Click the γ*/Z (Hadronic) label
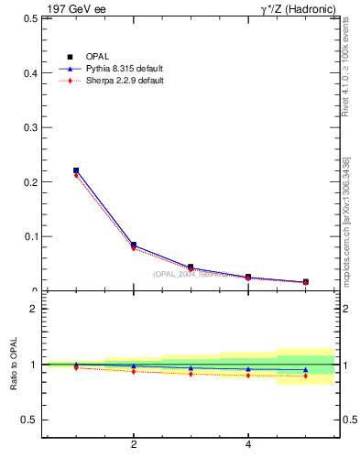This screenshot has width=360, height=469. (298, 9)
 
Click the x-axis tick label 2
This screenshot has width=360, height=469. (134, 445)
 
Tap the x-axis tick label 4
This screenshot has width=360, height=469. (248, 445)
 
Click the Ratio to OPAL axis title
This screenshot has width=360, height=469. (15, 365)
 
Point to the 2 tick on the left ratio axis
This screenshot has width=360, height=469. (33, 309)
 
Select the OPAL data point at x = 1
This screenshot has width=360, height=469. (76, 170)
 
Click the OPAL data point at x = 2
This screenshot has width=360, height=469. (134, 245)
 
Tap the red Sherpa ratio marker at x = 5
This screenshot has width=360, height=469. (305, 376)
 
